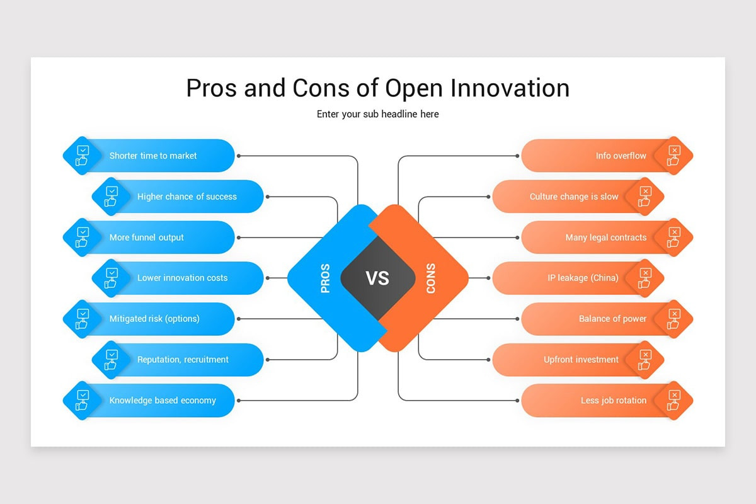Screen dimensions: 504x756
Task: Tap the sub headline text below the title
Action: [x=378, y=114]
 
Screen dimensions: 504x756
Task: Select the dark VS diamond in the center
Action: [x=378, y=278]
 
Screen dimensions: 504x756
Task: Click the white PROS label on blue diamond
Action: [x=326, y=278]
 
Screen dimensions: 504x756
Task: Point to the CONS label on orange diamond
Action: [x=431, y=278]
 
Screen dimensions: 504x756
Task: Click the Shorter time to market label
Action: [x=153, y=156]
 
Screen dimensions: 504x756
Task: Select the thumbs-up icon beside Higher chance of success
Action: [x=111, y=197]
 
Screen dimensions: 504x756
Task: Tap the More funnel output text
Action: [x=147, y=238]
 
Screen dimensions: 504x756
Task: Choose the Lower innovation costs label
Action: [x=182, y=278]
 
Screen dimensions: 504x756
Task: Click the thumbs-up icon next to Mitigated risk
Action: [x=82, y=319]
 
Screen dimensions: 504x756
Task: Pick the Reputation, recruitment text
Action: [x=183, y=360]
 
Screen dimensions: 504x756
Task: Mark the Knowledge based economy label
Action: [x=163, y=401]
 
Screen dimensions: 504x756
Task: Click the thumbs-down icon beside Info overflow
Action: [x=674, y=156]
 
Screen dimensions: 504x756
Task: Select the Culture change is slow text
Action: [x=574, y=197]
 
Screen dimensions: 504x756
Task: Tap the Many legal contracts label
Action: [x=606, y=238]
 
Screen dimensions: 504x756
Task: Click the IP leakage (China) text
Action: [x=583, y=278]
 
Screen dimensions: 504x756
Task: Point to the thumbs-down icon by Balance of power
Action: [x=674, y=319]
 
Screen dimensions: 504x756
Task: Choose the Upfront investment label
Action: [x=581, y=360]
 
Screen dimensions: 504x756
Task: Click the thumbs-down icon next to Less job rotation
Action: [x=674, y=401]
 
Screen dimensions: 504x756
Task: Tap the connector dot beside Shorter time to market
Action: [x=239, y=156]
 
